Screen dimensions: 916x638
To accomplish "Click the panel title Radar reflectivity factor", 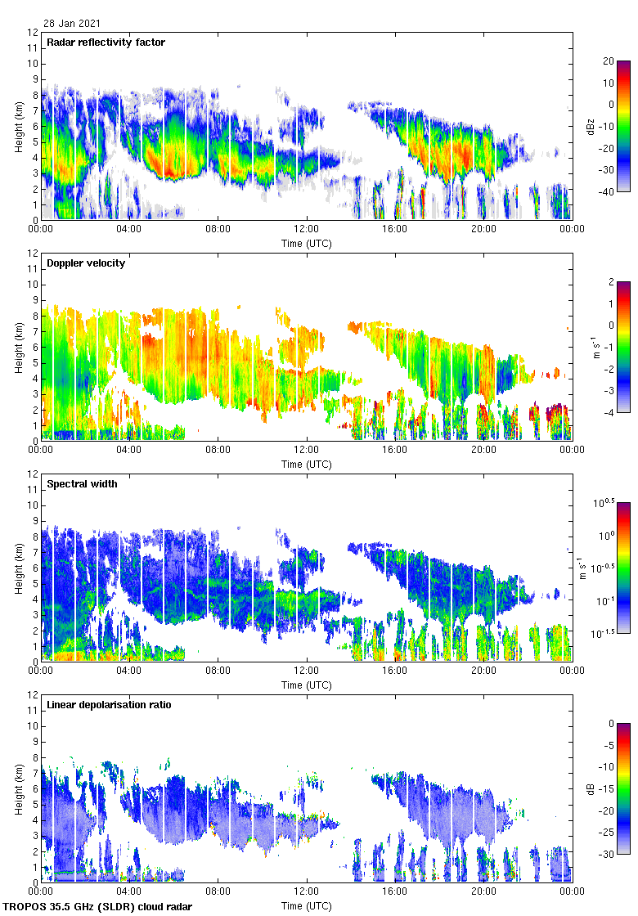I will point(106,43).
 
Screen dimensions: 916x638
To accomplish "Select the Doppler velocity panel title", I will point(83,263).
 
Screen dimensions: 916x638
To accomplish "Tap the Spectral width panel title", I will point(83,484).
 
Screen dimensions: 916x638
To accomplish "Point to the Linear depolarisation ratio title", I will point(109,705).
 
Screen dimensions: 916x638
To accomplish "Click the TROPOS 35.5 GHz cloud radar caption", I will point(99,906).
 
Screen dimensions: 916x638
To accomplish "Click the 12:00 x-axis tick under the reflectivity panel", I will point(307,230).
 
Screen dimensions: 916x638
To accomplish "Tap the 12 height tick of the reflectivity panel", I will point(33,33).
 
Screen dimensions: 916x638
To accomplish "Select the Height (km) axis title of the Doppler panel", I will point(19,348).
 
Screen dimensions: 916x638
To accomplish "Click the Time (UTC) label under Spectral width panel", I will point(307,685).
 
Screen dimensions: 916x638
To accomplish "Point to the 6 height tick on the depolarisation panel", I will point(35,788).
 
